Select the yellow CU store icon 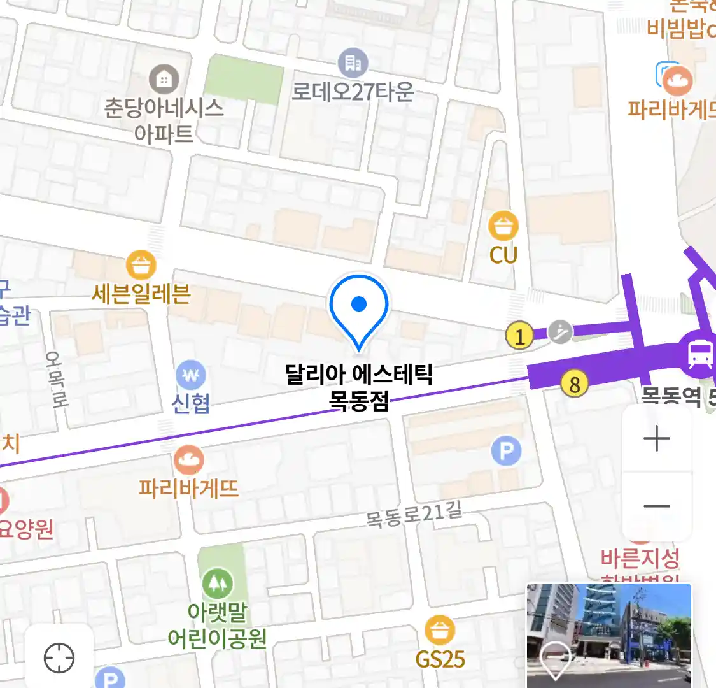click(x=503, y=226)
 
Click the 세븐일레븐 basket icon click(x=141, y=264)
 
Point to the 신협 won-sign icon click(x=191, y=375)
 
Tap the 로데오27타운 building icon click(x=353, y=63)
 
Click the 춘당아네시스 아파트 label click(x=164, y=120)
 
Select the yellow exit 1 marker click(x=520, y=335)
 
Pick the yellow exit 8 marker click(x=574, y=384)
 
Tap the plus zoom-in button click(x=656, y=439)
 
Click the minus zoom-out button click(x=656, y=507)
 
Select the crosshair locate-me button click(x=59, y=657)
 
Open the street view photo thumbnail click(x=608, y=634)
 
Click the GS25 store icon click(x=440, y=631)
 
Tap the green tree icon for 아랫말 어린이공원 click(x=217, y=583)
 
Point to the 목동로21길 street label click(x=414, y=515)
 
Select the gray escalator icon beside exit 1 click(x=560, y=331)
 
